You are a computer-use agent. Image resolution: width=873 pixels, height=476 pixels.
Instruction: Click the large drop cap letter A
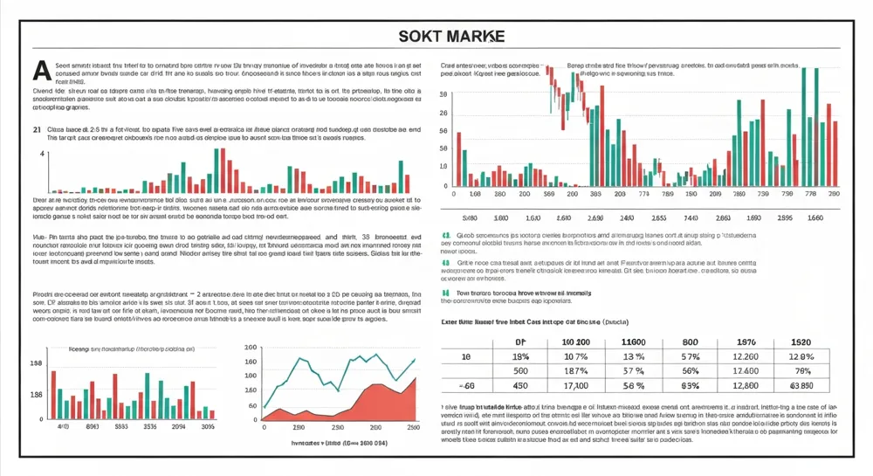[x=38, y=69]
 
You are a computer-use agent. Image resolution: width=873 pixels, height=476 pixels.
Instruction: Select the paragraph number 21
[x=38, y=128]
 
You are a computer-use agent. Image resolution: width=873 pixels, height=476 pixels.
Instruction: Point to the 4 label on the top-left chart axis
[x=41, y=154]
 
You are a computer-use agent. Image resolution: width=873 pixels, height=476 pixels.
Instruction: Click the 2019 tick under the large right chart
[x=715, y=195]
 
